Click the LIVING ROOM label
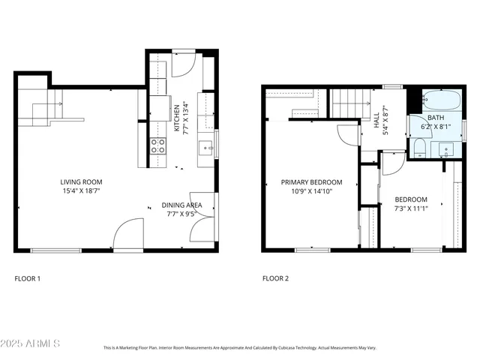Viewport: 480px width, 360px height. (x=81, y=181)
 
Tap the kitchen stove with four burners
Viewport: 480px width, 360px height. (x=158, y=145)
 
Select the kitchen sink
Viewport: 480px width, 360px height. (x=205, y=147)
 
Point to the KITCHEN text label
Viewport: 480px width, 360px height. (x=177, y=118)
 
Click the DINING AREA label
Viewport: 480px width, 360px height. (x=181, y=205)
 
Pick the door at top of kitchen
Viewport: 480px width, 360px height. (x=183, y=65)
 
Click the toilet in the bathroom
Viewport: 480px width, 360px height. (x=419, y=148)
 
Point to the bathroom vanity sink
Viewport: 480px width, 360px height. (x=448, y=149)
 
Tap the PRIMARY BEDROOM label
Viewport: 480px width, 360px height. (x=311, y=182)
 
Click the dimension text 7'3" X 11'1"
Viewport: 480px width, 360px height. (x=411, y=209)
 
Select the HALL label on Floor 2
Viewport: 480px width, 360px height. (x=377, y=121)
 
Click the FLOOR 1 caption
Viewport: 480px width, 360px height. (x=28, y=278)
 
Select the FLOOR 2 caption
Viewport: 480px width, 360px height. (x=274, y=278)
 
